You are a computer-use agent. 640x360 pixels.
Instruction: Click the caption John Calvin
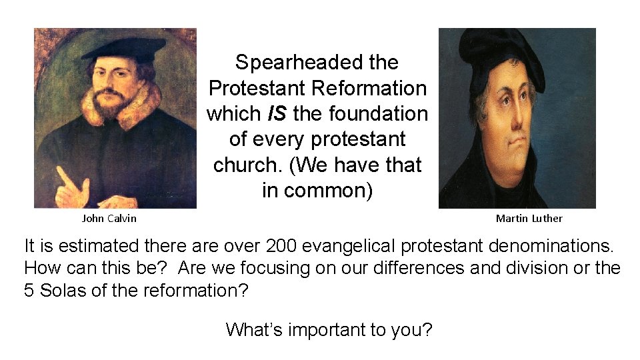coord(109,218)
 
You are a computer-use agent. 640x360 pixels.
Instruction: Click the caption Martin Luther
coord(529,218)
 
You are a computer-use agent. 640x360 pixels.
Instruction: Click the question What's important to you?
coord(329,329)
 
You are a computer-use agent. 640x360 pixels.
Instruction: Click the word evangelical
coord(353,246)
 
